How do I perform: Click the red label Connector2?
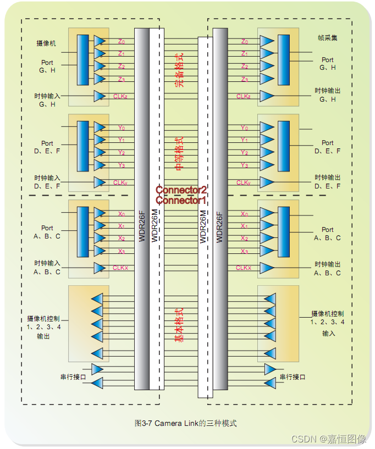coord(181,190)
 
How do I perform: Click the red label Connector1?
coord(181,200)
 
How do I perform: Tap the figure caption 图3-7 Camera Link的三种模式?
coord(186,424)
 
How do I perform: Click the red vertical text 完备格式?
coord(179,71)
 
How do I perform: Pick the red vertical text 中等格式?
coord(179,154)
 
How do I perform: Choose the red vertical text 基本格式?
coord(179,325)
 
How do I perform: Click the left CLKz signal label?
coord(120,96)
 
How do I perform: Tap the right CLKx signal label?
coord(244,268)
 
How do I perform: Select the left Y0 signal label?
coord(121,128)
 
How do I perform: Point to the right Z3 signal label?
coord(245,79)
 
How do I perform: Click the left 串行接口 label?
coord(73,377)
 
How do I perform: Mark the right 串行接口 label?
coord(293,377)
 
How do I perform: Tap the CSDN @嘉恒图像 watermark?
coord(328,439)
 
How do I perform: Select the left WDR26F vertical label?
coord(141,226)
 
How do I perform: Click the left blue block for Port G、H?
coord(83,60)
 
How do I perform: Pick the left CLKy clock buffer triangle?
coord(100,182)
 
